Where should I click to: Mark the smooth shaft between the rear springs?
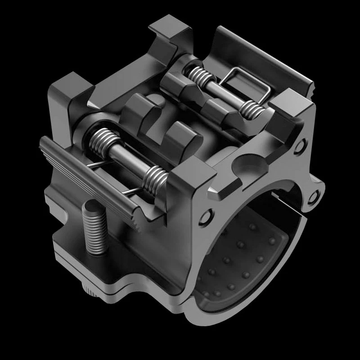tap(223, 92)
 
